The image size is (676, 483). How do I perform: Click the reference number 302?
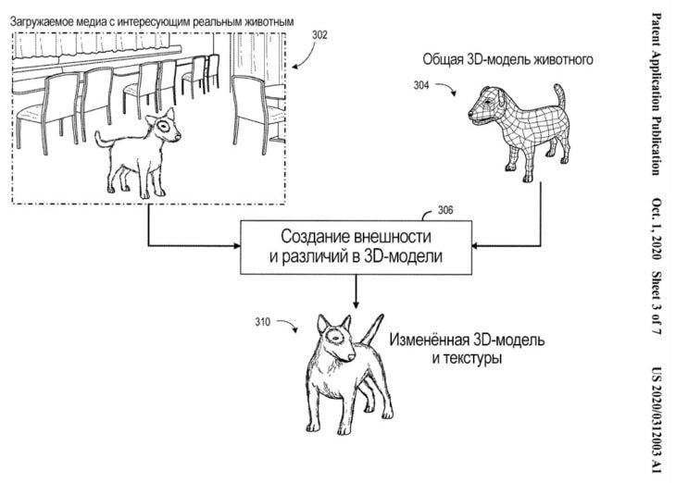click(x=319, y=35)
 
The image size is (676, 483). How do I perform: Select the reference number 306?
click(x=445, y=211)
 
